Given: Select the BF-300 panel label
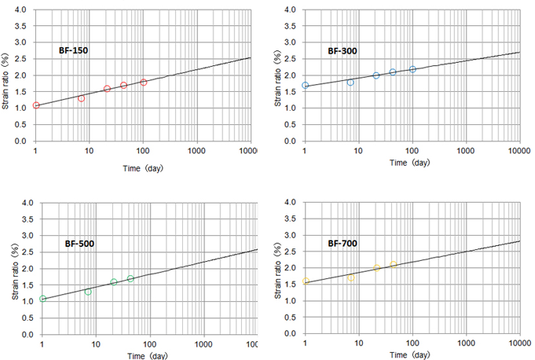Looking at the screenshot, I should point(343,50).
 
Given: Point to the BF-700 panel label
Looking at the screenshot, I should point(343,243).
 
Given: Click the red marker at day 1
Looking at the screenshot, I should point(36,105).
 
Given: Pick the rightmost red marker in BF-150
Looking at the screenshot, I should point(144,83).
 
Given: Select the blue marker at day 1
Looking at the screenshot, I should point(306,86).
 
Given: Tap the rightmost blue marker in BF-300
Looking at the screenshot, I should point(412,69).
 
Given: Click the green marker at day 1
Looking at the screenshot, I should point(43,299).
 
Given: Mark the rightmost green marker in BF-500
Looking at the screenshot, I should point(130,279).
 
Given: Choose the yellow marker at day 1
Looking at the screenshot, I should point(306,281).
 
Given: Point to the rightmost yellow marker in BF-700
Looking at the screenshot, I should point(393,265).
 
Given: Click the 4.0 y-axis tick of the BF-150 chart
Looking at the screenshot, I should point(22,10).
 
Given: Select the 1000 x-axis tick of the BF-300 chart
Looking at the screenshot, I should point(465,149).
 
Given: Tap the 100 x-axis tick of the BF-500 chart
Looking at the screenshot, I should point(150,343).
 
